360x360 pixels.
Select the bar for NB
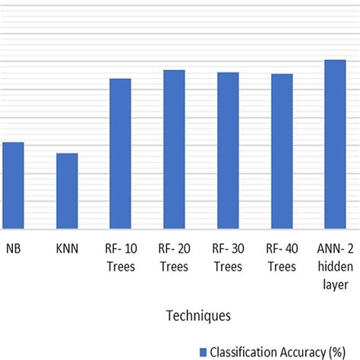pos(13,185)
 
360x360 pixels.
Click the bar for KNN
pos(67,191)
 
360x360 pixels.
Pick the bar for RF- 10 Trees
pos(121,153)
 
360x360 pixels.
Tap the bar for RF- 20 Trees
pos(174,149)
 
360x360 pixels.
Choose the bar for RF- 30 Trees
pos(228,150)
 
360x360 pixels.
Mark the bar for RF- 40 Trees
pos(282,151)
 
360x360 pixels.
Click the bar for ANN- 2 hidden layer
pos(335,144)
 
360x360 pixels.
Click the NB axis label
pos(13,248)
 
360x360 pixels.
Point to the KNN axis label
pos(67,248)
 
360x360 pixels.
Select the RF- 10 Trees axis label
pos(121,257)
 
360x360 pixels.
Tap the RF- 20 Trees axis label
pos(174,257)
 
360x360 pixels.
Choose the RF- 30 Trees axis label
pos(228,257)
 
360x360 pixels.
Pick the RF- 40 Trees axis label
pos(282,257)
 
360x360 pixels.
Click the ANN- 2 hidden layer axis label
pos(335,265)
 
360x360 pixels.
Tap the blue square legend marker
pos(203,351)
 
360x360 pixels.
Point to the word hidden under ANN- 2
pos(335,266)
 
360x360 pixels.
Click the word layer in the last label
pos(335,283)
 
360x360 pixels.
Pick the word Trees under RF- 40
pos(282,267)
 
